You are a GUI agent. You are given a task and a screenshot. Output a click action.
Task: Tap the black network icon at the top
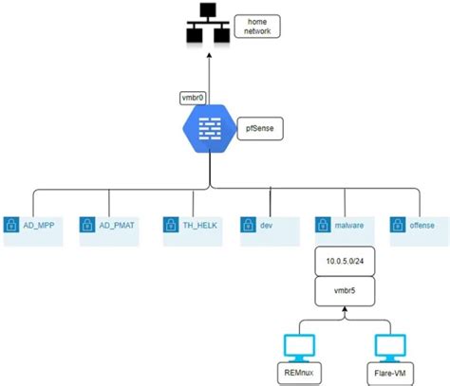pos(206,28)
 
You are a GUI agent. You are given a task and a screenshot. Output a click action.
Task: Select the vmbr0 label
pos(192,98)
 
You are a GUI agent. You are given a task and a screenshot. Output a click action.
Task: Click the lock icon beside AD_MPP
pos(12,226)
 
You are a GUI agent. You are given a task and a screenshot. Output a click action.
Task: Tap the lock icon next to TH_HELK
pos(172,226)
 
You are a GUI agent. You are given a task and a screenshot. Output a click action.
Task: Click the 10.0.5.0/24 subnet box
pos(349,259)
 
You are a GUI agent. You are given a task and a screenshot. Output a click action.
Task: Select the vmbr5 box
pos(349,287)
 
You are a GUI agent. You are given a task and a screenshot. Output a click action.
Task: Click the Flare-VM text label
pos(389,373)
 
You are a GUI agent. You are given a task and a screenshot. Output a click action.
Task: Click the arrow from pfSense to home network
pos(206,76)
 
